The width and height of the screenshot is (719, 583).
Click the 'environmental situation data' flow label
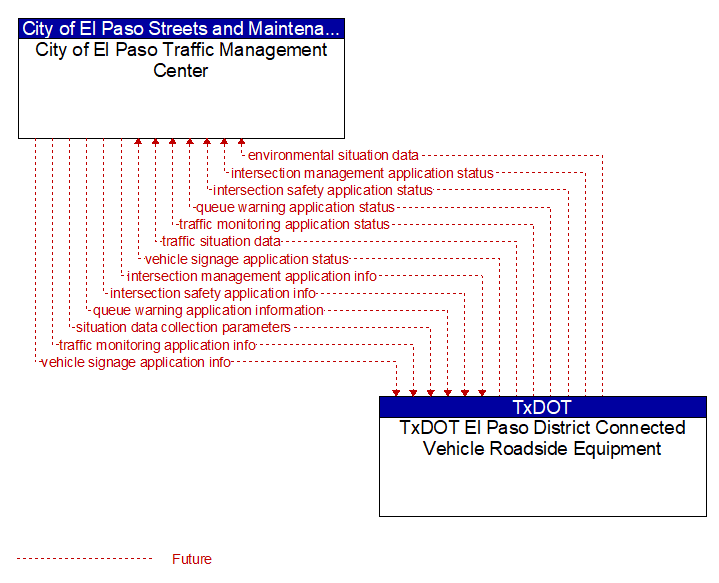point(333,155)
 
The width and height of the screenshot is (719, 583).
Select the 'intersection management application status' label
point(362,173)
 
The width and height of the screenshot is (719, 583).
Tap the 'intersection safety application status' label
point(323,190)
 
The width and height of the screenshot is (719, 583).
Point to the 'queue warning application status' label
point(295,207)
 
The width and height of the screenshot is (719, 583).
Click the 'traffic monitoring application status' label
point(284,224)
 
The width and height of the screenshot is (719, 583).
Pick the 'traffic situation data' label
point(221,241)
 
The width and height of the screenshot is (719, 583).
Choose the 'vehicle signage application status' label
point(247,259)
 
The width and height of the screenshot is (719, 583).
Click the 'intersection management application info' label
point(252,276)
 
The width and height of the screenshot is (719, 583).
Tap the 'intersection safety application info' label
point(213,293)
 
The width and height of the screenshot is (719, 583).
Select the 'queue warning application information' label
point(208,311)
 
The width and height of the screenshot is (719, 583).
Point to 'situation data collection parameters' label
point(183,328)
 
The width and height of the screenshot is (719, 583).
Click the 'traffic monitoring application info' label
point(157,345)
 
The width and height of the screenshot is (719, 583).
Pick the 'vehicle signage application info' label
point(136,362)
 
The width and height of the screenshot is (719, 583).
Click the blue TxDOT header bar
point(543,407)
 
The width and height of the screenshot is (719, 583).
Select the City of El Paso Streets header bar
point(181,28)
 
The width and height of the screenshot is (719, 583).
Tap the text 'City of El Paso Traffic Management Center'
point(181,60)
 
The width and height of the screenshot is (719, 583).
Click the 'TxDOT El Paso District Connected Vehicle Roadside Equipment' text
point(542,438)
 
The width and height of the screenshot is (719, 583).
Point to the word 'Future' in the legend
point(192,559)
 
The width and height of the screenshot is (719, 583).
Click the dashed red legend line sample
point(84,559)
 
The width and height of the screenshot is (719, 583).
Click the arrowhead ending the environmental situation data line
point(241,142)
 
